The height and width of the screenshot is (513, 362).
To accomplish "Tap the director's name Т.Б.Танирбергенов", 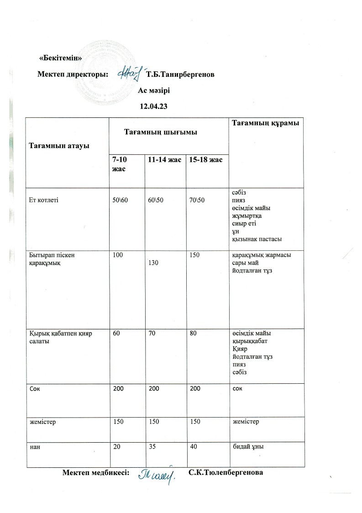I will [179, 74].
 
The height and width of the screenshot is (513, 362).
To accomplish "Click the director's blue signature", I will [129, 73].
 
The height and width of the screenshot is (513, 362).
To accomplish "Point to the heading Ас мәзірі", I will [157, 90].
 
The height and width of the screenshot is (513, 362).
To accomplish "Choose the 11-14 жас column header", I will [164, 160].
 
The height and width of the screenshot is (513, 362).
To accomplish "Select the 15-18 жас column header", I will [205, 160].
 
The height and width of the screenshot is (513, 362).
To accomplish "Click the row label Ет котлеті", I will [42, 199].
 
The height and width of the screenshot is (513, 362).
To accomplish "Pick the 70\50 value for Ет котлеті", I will [198, 199].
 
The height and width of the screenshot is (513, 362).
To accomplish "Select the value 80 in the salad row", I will [194, 334].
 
